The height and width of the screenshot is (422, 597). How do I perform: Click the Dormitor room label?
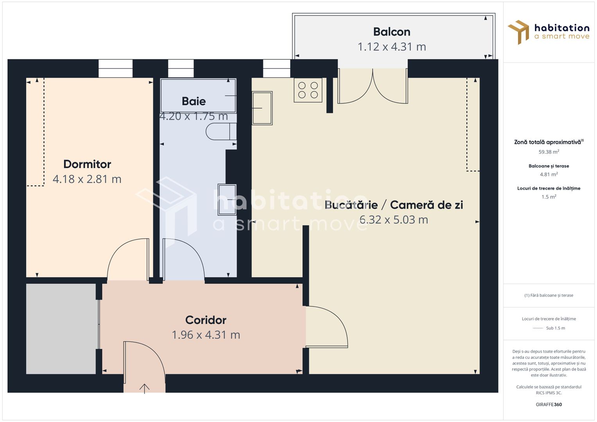click(87, 164)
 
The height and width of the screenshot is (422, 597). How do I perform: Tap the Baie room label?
click(194, 101)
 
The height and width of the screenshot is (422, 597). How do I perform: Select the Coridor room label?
click(206, 320)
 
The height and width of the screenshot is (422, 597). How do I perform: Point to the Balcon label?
click(391, 32)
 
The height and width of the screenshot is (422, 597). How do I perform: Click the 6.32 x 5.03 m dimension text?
click(394, 220)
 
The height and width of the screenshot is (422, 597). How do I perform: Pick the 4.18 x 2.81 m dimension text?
click(87, 179)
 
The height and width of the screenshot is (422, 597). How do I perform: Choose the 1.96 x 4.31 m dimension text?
click(206, 335)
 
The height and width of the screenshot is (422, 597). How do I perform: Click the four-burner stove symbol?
click(308, 90)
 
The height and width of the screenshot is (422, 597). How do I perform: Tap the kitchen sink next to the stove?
click(262, 108)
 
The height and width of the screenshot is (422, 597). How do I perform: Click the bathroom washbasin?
click(227, 199)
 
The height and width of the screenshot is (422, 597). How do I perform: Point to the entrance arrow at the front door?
click(144, 388)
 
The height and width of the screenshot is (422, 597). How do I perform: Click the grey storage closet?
click(61, 329)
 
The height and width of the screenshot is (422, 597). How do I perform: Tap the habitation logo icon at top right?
click(518, 32)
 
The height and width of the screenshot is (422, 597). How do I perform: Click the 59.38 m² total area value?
click(549, 152)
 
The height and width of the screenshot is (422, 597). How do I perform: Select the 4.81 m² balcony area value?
click(549, 175)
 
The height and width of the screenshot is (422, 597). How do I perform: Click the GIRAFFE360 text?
click(549, 404)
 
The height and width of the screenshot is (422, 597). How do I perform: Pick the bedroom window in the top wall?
click(115, 68)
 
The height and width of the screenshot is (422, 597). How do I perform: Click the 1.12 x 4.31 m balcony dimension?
click(391, 47)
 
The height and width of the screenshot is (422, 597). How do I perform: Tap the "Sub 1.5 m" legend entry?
click(555, 328)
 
